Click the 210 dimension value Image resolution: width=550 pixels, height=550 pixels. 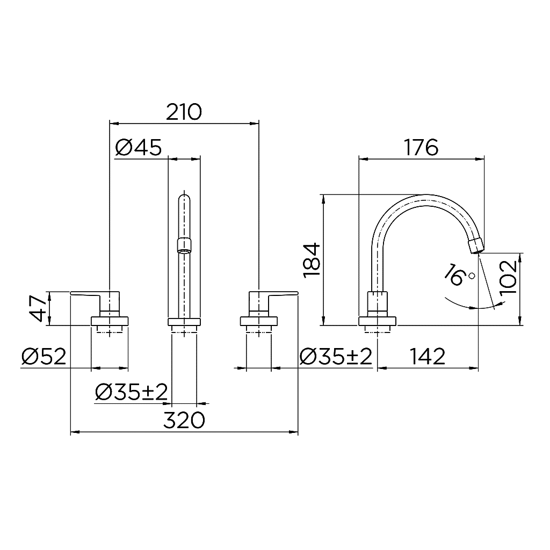184,113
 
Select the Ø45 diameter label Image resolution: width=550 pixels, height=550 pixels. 138,147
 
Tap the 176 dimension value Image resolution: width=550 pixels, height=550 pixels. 422,147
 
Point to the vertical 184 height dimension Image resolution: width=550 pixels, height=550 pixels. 312,260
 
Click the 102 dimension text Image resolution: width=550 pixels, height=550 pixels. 508,277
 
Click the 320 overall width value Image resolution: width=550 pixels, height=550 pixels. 184,420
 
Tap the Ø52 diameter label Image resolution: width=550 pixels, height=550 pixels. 44,356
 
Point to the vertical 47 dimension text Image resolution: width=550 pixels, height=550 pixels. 38,308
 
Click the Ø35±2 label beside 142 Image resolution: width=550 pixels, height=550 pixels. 336,356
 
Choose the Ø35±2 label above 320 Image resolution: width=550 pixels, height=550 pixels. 131,393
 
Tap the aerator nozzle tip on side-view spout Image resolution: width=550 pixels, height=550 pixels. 476,247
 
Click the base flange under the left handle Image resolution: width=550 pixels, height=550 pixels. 110,321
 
